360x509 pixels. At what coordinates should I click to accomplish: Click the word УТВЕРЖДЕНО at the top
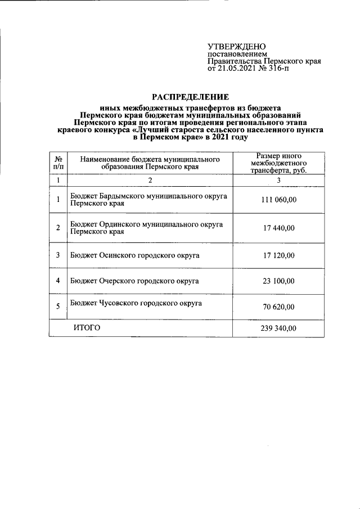237,46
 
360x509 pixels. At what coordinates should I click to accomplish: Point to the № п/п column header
58,163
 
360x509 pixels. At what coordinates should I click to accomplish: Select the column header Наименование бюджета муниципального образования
149,163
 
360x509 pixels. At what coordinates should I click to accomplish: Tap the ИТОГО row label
87,328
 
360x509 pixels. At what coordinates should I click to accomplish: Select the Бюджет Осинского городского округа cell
136,255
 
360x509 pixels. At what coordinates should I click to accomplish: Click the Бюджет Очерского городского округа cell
135,280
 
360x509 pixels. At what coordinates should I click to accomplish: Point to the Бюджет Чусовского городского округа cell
136,303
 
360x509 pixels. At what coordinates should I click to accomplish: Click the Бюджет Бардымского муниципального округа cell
148,199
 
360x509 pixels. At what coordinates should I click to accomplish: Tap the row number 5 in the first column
58,307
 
